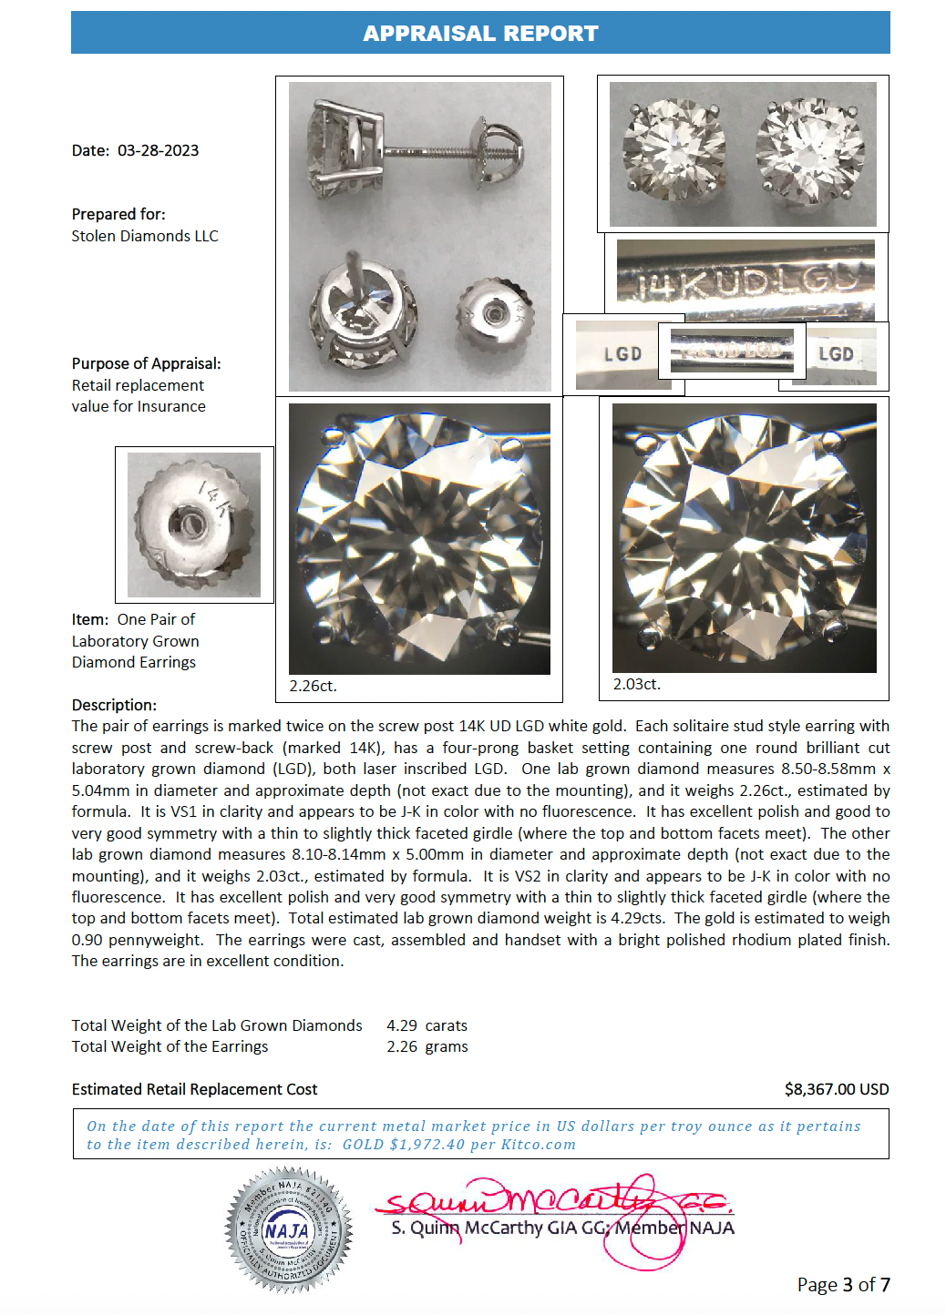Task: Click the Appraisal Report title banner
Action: [480, 33]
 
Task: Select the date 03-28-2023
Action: [158, 150]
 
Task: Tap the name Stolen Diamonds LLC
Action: [145, 236]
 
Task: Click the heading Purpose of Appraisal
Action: [146, 363]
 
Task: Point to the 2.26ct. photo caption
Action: [313, 686]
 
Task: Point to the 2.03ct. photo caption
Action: [636, 684]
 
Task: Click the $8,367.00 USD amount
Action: [836, 1089]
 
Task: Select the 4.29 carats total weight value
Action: [427, 1025]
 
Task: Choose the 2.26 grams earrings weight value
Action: [427, 1046]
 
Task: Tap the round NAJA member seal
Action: [289, 1229]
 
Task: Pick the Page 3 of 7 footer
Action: [843, 1284]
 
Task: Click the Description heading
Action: [114, 705]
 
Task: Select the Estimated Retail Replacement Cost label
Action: [194, 1089]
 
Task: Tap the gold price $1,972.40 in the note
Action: [427, 1145]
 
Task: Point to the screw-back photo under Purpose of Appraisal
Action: [194, 525]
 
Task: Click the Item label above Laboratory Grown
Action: [89, 619]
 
